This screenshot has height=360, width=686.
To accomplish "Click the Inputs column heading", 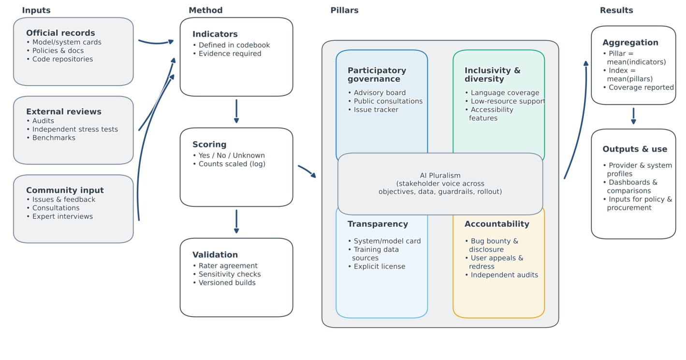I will (36, 10).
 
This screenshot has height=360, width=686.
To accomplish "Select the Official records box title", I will (60, 33).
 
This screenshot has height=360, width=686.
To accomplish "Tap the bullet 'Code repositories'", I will (62, 59).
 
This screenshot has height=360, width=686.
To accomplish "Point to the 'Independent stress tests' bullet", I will (75, 130).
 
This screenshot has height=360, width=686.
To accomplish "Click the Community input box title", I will (65, 190).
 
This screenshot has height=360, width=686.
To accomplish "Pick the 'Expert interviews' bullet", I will (62, 216).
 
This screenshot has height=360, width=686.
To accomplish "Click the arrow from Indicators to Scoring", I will (236, 112).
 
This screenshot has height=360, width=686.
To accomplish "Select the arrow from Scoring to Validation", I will (236, 222).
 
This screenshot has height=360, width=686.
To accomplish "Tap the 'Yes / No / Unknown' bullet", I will (232, 156).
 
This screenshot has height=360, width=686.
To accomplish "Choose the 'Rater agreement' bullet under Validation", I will (228, 266).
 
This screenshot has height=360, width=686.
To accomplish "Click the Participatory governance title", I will (377, 75).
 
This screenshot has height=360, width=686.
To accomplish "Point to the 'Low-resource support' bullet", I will (508, 101).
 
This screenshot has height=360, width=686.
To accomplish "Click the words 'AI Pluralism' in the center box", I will (440, 175).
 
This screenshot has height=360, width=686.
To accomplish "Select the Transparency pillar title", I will (378, 224).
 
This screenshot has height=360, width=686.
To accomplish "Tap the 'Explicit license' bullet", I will (379, 267).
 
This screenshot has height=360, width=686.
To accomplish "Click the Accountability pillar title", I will (496, 224).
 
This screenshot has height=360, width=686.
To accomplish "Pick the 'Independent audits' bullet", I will (504, 275).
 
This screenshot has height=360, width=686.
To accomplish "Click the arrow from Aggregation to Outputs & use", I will (633, 116).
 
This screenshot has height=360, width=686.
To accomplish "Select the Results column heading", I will (616, 10).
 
